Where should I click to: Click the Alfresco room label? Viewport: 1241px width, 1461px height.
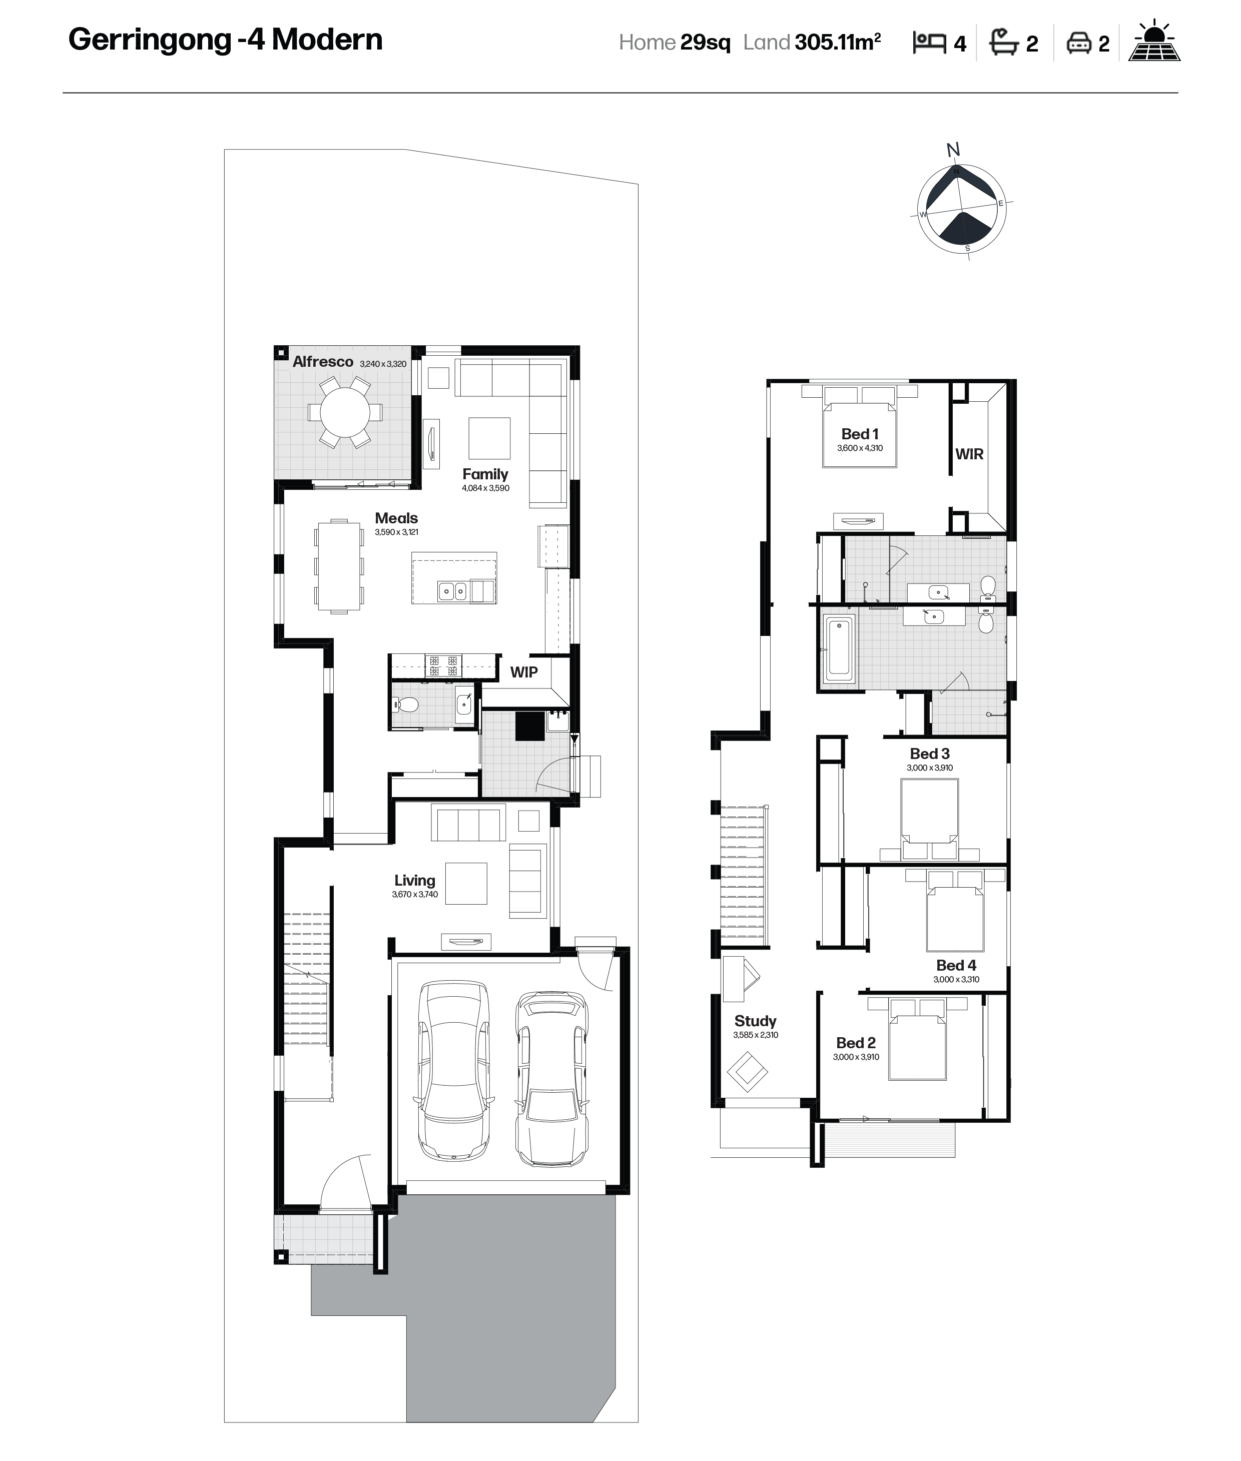pos(323,362)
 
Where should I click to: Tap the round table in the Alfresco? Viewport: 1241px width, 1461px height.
pos(345,412)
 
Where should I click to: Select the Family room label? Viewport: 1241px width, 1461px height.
pos(485,474)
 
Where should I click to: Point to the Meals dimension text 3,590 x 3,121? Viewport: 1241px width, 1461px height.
pos(396,532)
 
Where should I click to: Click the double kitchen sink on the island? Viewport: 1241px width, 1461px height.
pos(452,591)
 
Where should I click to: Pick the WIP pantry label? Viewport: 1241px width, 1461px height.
pos(524,672)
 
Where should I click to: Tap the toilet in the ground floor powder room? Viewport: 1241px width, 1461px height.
pos(405,704)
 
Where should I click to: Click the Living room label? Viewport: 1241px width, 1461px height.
pos(414,880)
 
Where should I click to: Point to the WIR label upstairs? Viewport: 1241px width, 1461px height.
pos(969,454)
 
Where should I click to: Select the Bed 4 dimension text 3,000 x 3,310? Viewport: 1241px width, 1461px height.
pos(956,979)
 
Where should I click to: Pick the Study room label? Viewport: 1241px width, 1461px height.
pos(755,1021)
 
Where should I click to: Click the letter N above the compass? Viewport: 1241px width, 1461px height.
pos(953,150)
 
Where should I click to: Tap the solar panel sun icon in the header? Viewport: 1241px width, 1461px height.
pos(1154,42)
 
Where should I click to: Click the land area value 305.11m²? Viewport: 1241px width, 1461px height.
pos(838,42)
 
